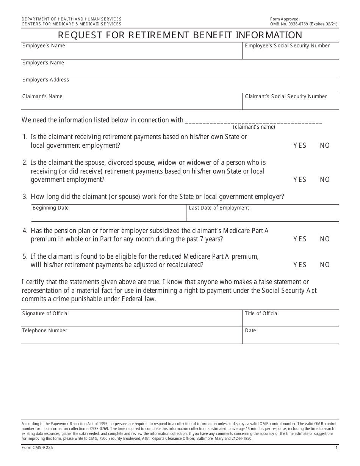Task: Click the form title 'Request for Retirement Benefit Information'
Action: pyautogui.click(x=180, y=35)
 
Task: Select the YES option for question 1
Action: pyautogui.click(x=300, y=145)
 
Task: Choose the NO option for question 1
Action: pyautogui.click(x=325, y=145)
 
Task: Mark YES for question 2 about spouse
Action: pyautogui.click(x=300, y=180)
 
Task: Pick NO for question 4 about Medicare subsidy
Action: pyautogui.click(x=325, y=239)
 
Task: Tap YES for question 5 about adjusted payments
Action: pyautogui.click(x=300, y=265)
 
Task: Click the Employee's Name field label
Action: pyautogui.click(x=44, y=46)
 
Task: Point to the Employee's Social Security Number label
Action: pyautogui.click(x=287, y=46)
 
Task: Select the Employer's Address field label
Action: pyautogui.click(x=45, y=80)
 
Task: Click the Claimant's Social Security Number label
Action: pyautogui.click(x=286, y=97)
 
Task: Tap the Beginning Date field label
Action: pyautogui.click(x=50, y=208)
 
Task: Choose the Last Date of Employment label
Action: pyautogui.click(x=219, y=208)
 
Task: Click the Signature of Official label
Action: pyautogui.click(x=45, y=314)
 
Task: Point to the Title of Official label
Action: pyautogui.click(x=261, y=314)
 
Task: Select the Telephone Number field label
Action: pyautogui.click(x=45, y=331)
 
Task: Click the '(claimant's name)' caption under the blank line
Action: pyautogui.click(x=254, y=127)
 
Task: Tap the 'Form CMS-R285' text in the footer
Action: pyautogui.click(x=35, y=448)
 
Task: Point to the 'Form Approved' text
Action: pyautogui.click(x=284, y=19)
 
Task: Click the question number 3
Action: pyautogui.click(x=25, y=197)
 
